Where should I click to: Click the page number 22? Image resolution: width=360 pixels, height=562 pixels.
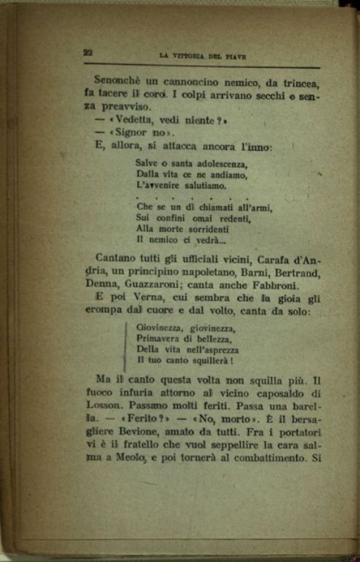87,53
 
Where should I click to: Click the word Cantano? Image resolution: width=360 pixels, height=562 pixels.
115,258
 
